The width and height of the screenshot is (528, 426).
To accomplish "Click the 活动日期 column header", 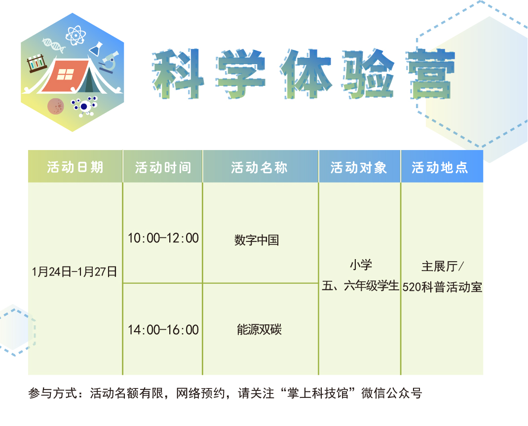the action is [75, 167].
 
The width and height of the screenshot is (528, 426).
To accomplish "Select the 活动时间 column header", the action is [163, 167].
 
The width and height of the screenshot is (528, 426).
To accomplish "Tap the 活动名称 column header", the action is [259, 167].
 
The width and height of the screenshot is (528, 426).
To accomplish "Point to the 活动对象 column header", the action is [359, 167].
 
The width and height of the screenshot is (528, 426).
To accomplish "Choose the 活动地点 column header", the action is [440, 167].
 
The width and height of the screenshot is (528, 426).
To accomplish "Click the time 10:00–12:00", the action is [163, 238].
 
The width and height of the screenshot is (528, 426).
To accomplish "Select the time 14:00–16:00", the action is [163, 330].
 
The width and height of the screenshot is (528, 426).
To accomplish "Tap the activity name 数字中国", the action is [257, 240].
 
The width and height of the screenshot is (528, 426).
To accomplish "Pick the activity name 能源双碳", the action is [259, 329].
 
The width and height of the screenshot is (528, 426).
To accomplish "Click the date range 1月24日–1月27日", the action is [75, 271].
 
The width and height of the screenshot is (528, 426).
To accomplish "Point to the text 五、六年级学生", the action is [360, 286].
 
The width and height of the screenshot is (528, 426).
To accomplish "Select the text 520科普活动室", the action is [442, 287].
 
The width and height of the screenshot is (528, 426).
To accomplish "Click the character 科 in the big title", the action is [178, 74].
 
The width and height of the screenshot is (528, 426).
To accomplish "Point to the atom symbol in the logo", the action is [75, 36].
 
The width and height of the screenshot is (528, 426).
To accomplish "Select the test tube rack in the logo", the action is [37, 63].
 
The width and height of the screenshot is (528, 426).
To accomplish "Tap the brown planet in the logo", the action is [56, 107].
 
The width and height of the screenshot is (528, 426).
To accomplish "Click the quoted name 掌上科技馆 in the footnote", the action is [317, 393].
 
